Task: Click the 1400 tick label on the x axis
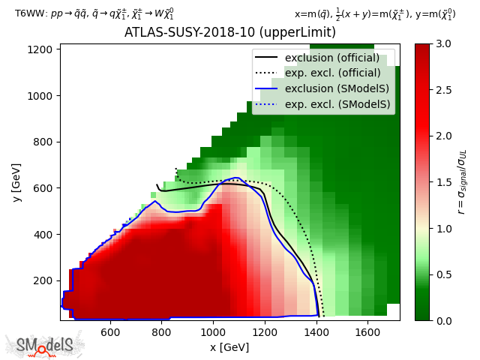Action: [x=316, y=331]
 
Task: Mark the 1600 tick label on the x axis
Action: [x=367, y=331]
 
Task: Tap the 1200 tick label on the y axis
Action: [x=39, y=49]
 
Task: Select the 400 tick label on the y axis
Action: [x=42, y=234]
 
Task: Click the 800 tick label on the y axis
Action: [x=42, y=142]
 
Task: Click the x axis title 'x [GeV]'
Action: [x=229, y=347]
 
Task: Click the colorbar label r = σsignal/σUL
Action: [x=463, y=182]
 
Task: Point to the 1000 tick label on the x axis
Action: [x=213, y=331]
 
